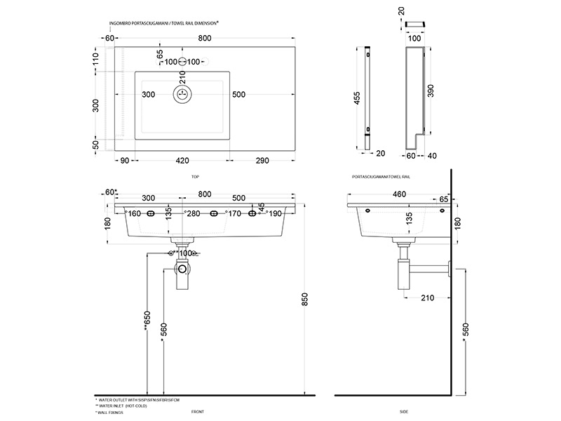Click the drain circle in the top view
tap(182, 94)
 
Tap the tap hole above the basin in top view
tap(182, 62)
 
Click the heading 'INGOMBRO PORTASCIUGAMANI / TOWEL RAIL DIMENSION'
tap(164, 23)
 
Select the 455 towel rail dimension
tap(358, 99)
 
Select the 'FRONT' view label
tap(197, 412)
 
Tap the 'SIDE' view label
tap(404, 412)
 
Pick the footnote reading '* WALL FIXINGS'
tap(114, 413)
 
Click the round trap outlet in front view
tap(182, 268)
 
